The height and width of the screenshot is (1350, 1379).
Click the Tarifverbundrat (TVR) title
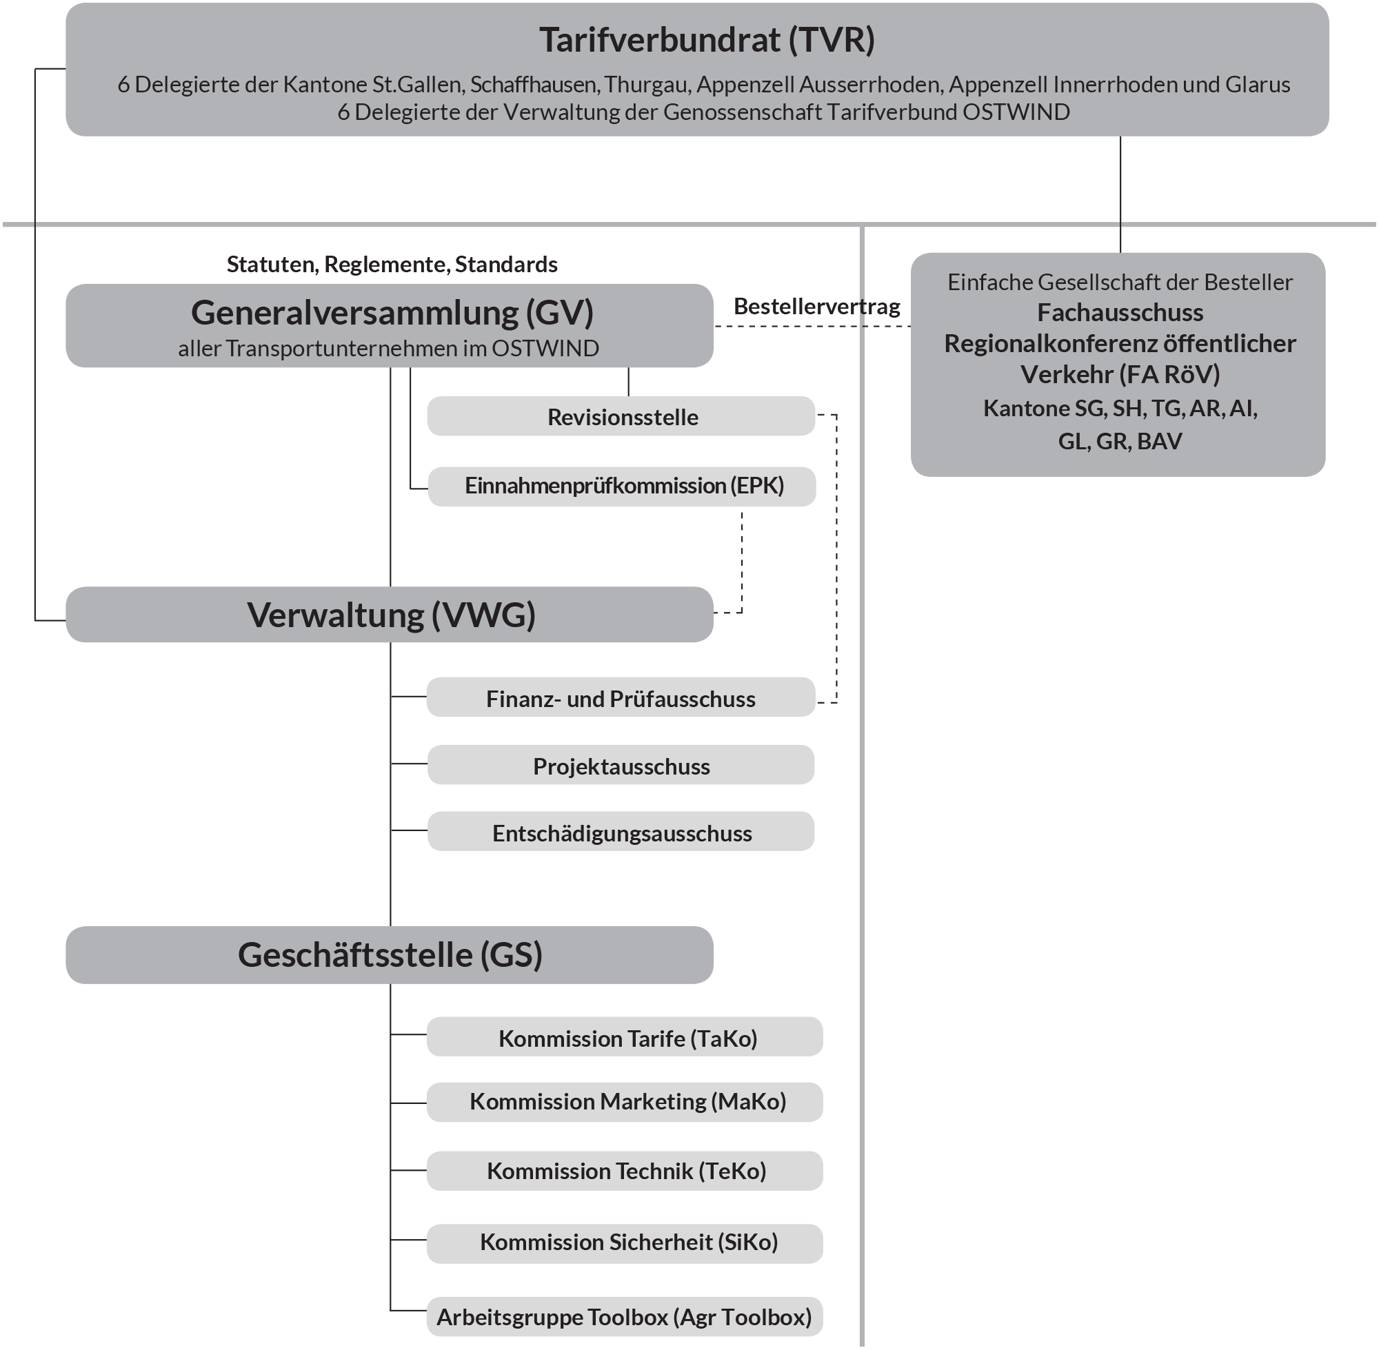pos(707,41)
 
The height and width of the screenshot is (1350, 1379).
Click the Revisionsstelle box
pos(621,417)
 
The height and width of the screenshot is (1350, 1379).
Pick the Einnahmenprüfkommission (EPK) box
pos(623,487)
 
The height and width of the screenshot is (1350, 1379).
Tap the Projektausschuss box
pos(621,766)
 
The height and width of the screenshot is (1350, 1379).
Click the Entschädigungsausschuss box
pos(621,832)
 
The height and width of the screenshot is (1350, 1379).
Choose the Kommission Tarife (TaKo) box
pos(625,1038)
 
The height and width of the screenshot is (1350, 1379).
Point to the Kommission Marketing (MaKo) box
pos(625,1101)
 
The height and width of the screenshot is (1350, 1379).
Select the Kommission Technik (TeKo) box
pos(625,1171)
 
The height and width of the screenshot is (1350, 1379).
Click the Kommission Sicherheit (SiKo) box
pos(625,1242)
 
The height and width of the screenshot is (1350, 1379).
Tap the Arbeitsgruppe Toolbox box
pos(624,1317)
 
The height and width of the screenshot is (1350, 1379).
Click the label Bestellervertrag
pos(816,306)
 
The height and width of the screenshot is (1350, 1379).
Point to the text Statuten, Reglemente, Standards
pos(392,265)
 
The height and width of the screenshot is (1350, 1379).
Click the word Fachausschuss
pos(1119,313)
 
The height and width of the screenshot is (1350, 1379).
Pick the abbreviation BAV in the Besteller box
pos(1159,441)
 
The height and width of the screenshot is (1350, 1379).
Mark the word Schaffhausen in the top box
pos(534,85)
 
